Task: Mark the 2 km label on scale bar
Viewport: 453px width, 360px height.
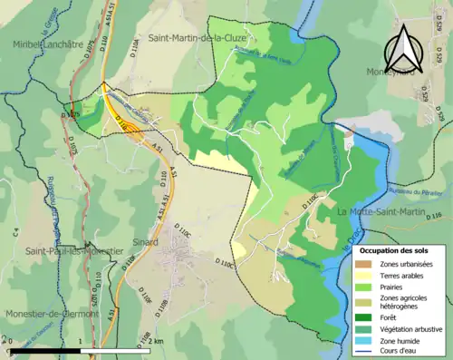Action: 155,341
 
